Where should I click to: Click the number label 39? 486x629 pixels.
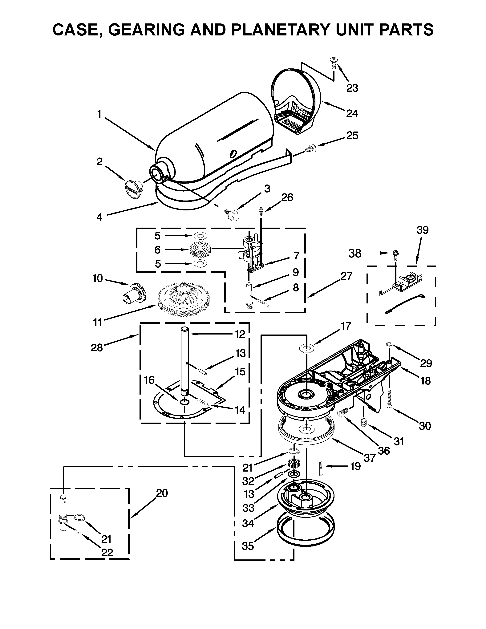click(422, 230)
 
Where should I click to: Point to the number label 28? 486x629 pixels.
click(97, 348)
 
